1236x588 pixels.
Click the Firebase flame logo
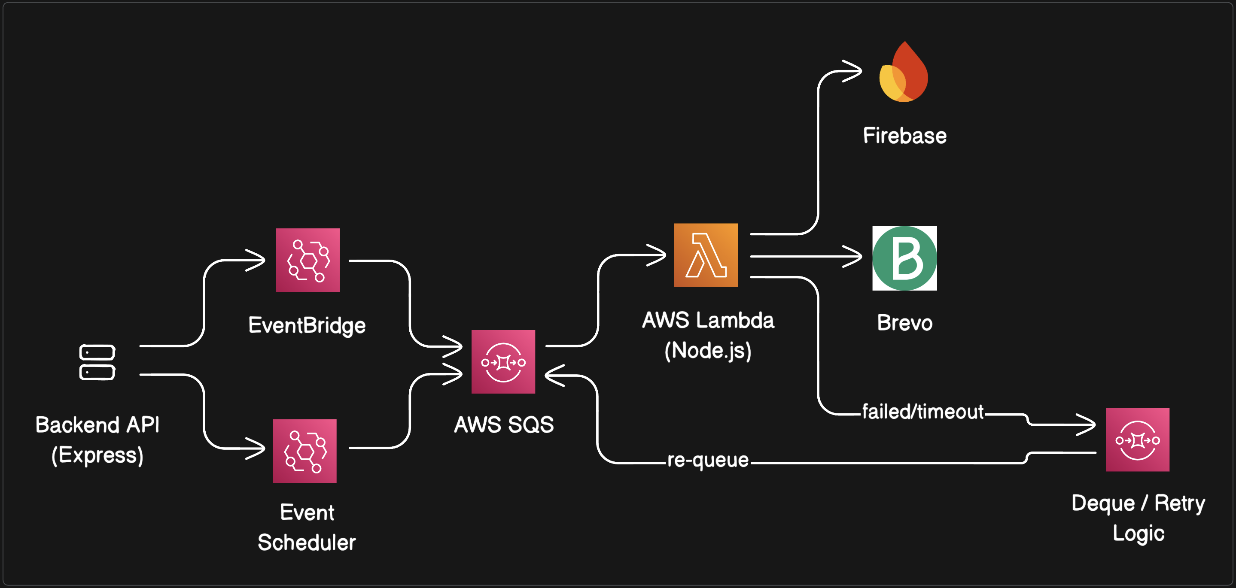tap(904, 73)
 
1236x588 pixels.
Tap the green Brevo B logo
tap(904, 258)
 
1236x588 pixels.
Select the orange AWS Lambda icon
tap(706, 255)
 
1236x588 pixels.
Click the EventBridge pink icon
tap(307, 260)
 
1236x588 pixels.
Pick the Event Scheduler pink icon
tap(304, 451)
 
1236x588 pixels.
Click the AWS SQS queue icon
tap(503, 362)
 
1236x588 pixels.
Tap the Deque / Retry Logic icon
tap(1137, 439)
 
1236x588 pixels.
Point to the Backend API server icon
tap(97, 362)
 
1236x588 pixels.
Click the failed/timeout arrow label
tap(922, 412)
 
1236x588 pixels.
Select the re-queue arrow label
tap(708, 460)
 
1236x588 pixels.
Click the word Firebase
tap(904, 136)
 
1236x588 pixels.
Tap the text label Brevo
tap(904, 323)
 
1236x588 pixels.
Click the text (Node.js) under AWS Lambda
tap(708, 351)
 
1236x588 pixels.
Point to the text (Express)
tap(97, 455)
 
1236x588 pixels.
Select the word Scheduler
tap(307, 543)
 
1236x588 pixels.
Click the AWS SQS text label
tap(504, 424)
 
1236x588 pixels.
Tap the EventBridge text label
tap(307, 326)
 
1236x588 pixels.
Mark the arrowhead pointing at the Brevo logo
tap(854, 256)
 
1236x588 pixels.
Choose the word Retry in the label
tap(1179, 503)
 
